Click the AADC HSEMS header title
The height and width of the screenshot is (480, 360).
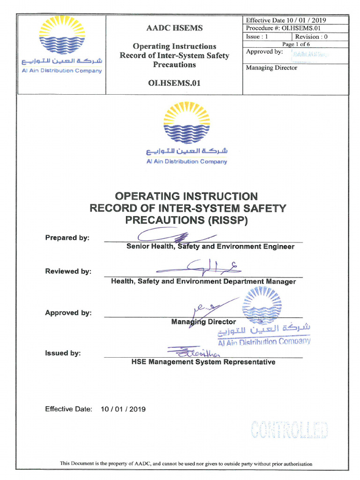tap(174, 28)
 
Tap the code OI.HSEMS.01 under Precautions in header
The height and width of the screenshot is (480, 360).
tap(174, 83)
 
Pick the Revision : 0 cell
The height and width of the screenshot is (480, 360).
tap(311, 37)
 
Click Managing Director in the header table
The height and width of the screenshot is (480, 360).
tap(271, 67)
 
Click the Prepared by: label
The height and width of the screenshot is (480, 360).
tap(67, 238)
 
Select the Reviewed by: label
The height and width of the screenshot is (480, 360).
tap(68, 271)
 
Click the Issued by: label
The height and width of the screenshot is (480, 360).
tap(63, 353)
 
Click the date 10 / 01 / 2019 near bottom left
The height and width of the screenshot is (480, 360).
tap(123, 409)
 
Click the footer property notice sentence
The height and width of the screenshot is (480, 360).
tap(186, 464)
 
